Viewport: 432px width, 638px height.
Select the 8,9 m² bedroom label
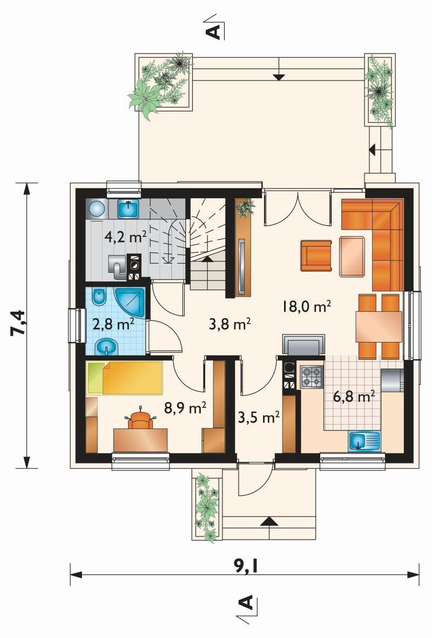tap(186, 407)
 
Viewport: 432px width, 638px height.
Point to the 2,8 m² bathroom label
tap(113, 324)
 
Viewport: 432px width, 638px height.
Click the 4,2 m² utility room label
tap(125, 237)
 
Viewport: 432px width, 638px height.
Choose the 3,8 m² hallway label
tap(230, 324)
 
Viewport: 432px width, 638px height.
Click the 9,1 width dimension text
tap(245, 565)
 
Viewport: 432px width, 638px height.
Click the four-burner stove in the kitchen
tap(311, 377)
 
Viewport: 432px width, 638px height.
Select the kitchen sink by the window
tap(364, 441)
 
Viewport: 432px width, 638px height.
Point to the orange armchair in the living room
tap(316, 256)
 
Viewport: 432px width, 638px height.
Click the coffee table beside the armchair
tap(352, 257)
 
